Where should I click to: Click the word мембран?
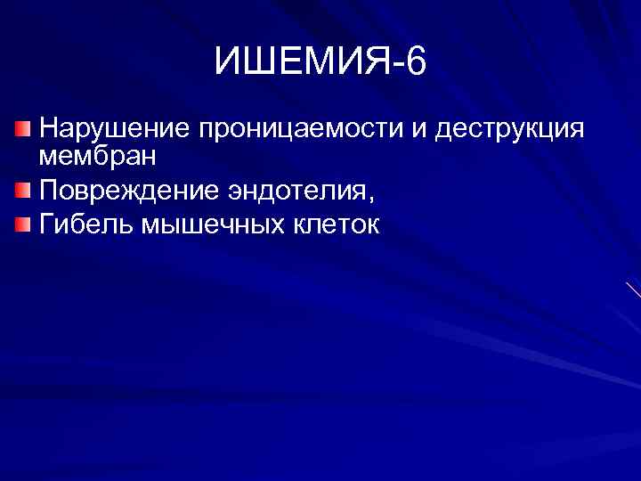(x=98, y=157)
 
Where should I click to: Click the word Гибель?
(x=85, y=223)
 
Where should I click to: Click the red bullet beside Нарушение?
(x=23, y=130)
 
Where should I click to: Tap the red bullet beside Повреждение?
(x=23, y=190)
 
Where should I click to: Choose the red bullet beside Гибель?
(x=23, y=223)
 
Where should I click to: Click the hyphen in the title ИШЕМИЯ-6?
(x=396, y=66)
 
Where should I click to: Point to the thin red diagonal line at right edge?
(x=633, y=289)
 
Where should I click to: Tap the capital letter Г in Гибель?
(x=47, y=223)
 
